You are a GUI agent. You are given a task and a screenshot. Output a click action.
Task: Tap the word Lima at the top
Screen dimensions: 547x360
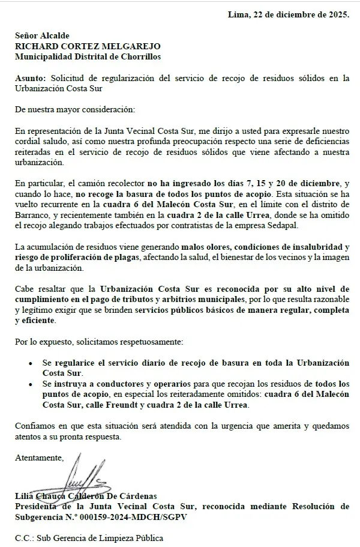(x=239, y=14)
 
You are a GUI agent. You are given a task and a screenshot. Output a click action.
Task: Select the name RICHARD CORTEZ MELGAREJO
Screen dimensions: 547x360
(x=88, y=46)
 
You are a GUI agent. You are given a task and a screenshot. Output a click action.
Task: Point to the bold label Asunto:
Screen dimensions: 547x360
(x=31, y=77)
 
